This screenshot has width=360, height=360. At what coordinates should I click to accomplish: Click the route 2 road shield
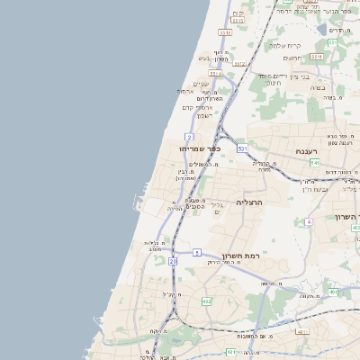[x=189, y=136]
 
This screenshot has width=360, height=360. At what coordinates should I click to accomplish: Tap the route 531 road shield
[x=242, y=147]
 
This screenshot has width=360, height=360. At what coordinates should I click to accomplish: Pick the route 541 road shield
[x=313, y=162]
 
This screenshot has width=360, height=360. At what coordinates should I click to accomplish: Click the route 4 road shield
[x=308, y=220]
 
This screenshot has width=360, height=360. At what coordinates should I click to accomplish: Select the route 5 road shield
[x=196, y=254]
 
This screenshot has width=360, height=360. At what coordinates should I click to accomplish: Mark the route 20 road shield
[x=172, y=260]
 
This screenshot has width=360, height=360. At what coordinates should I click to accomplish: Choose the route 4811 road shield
[x=302, y=331]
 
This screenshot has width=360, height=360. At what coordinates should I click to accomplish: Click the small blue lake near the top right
[x=322, y=29]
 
